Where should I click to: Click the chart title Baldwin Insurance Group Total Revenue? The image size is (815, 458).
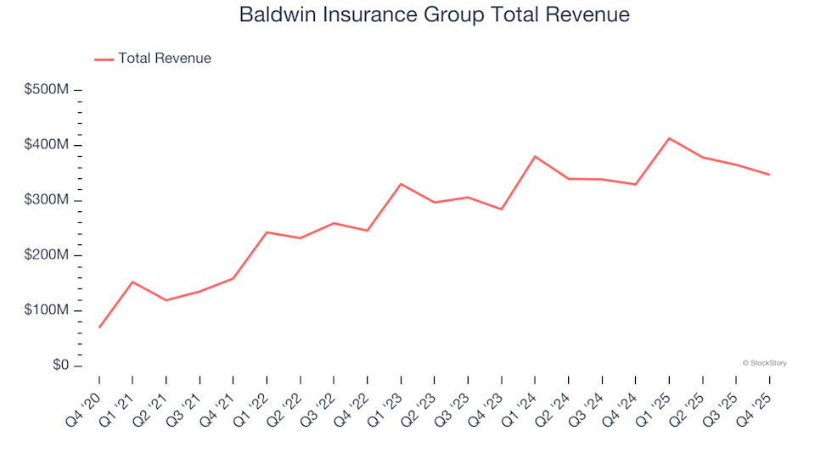434,15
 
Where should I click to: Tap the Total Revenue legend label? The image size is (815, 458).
165,59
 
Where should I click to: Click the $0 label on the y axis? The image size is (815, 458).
59,366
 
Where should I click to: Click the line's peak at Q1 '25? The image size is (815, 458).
669,138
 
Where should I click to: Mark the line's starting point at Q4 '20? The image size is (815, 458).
99,327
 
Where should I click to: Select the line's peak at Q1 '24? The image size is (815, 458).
535,156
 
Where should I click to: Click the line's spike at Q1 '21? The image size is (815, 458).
132,282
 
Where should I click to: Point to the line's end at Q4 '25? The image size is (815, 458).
769,175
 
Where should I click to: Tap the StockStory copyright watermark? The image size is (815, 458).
764,363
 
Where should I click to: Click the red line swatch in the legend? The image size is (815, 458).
104,59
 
